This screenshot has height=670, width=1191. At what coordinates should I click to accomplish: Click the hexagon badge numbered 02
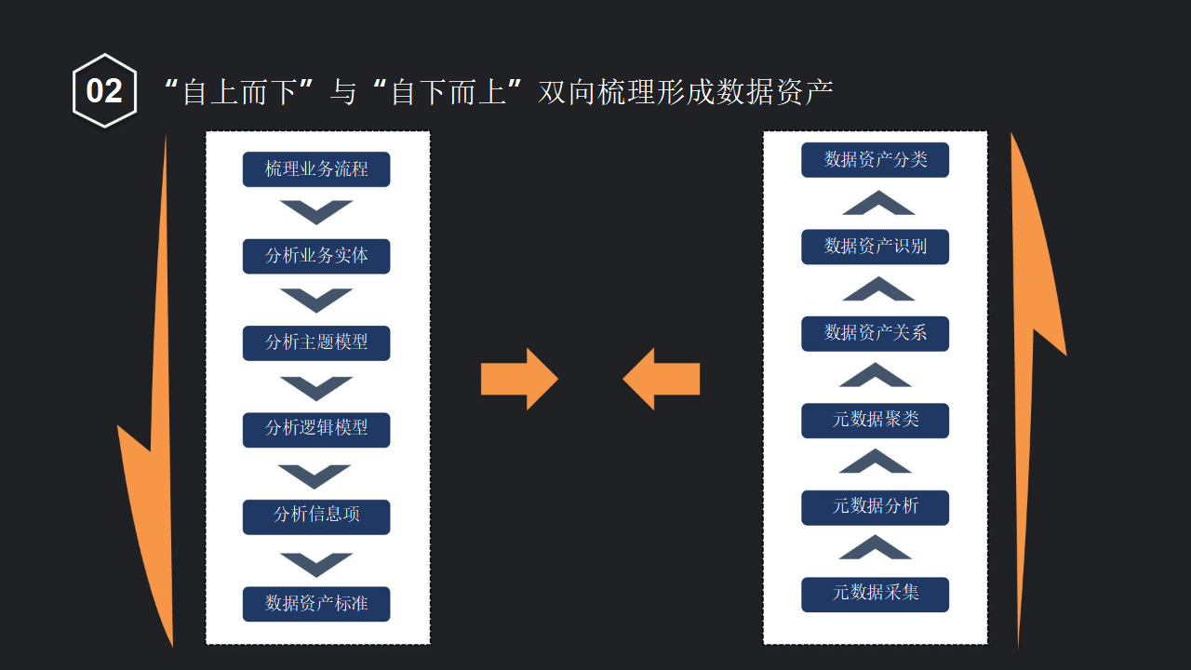pyautogui.click(x=104, y=90)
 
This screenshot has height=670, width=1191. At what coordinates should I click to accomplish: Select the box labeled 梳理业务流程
pyautogui.click(x=316, y=169)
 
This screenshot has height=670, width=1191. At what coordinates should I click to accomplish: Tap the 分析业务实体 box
pyautogui.click(x=316, y=256)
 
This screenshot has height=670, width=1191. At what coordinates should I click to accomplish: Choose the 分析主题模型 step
pyautogui.click(x=316, y=342)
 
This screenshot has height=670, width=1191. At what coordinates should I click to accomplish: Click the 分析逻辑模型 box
pyautogui.click(x=316, y=429)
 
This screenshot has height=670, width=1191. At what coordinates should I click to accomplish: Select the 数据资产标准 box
pyautogui.click(x=316, y=603)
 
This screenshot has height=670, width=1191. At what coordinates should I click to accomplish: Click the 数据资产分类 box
pyautogui.click(x=875, y=159)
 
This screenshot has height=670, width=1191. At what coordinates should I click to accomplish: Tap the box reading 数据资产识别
pyautogui.click(x=875, y=247)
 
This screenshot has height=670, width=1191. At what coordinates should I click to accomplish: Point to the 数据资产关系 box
pyautogui.click(x=875, y=333)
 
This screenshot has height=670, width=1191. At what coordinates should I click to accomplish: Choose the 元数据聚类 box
pyautogui.click(x=875, y=420)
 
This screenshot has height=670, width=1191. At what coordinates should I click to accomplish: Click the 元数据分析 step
pyautogui.click(x=875, y=507)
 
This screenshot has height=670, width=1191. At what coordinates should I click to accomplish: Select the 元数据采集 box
pyautogui.click(x=875, y=594)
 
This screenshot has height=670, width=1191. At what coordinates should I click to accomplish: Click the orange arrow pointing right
pyautogui.click(x=519, y=379)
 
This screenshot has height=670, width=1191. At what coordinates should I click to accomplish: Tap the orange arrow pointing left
pyautogui.click(x=661, y=379)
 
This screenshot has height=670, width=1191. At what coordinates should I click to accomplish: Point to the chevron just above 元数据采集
pyautogui.click(x=875, y=548)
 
